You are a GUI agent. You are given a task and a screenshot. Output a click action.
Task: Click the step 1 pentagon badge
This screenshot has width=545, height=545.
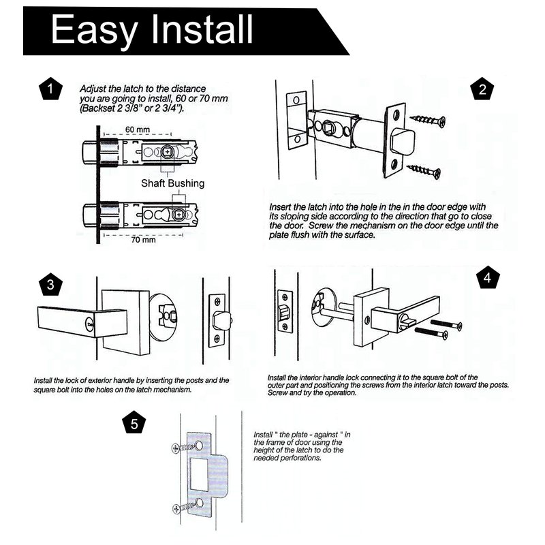click(50, 89)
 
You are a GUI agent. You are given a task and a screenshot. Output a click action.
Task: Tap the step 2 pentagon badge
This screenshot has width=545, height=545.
click(482, 89)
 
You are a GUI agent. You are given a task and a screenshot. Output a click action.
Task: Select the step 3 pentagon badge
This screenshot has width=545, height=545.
click(50, 284)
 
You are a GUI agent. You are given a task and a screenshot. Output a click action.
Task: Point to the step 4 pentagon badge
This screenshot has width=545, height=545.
click(487, 278)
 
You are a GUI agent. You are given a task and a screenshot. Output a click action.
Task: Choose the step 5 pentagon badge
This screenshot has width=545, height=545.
click(134, 423)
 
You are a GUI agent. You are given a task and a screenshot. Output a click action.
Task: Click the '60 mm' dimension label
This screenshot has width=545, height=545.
click(138, 129)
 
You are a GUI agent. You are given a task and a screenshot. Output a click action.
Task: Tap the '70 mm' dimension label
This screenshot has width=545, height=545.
click(143, 240)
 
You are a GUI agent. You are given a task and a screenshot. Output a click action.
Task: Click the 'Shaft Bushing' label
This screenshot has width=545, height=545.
click(173, 183)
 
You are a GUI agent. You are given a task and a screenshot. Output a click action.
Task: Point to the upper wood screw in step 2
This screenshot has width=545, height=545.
click(428, 121)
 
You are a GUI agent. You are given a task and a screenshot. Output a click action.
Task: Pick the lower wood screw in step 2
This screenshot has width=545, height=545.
click(423, 171)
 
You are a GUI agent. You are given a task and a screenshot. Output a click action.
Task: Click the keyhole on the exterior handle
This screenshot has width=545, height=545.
click(89, 325)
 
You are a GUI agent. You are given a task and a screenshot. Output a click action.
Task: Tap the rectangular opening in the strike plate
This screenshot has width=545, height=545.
click(200, 474)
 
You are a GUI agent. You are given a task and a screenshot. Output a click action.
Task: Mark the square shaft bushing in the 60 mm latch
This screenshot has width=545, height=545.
click(167, 152)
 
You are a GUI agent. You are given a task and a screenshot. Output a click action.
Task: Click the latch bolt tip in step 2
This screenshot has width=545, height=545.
click(403, 140)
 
